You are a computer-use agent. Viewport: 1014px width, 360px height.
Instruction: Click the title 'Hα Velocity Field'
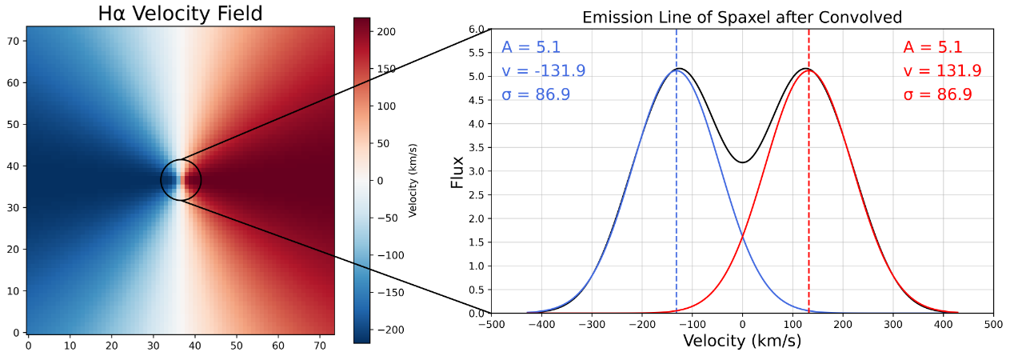click(x=180, y=14)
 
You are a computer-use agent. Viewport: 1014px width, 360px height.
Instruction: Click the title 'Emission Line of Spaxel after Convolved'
click(x=741, y=18)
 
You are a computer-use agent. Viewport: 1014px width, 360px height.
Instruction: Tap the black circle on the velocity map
click(x=181, y=180)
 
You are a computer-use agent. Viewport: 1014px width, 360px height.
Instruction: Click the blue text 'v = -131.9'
click(x=544, y=71)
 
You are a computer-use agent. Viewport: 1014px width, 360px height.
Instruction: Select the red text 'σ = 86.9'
click(x=937, y=95)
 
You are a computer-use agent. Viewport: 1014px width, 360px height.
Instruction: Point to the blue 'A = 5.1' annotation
click(x=531, y=47)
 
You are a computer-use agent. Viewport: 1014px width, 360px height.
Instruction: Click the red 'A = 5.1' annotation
click(x=932, y=47)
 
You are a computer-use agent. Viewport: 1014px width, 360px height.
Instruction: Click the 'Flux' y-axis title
click(x=457, y=171)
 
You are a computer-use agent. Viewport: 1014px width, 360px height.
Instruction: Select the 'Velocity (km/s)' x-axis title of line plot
click(x=741, y=341)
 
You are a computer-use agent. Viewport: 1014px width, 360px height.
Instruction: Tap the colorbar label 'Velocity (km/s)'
click(x=413, y=180)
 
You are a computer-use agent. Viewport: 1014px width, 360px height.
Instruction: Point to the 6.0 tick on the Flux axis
click(x=477, y=30)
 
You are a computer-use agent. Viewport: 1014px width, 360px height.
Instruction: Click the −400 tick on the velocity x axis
click(x=541, y=325)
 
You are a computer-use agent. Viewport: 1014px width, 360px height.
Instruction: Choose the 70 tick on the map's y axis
click(x=14, y=40)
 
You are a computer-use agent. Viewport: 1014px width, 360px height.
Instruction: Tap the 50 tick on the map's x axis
click(x=237, y=345)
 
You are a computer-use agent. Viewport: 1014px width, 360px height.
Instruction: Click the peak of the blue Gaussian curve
click(x=677, y=70)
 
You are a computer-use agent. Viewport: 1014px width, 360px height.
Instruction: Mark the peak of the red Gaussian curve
click(x=808, y=70)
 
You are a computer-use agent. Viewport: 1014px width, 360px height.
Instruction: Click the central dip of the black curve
click(x=743, y=162)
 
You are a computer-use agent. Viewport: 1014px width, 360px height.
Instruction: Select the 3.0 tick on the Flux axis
click(x=477, y=171)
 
